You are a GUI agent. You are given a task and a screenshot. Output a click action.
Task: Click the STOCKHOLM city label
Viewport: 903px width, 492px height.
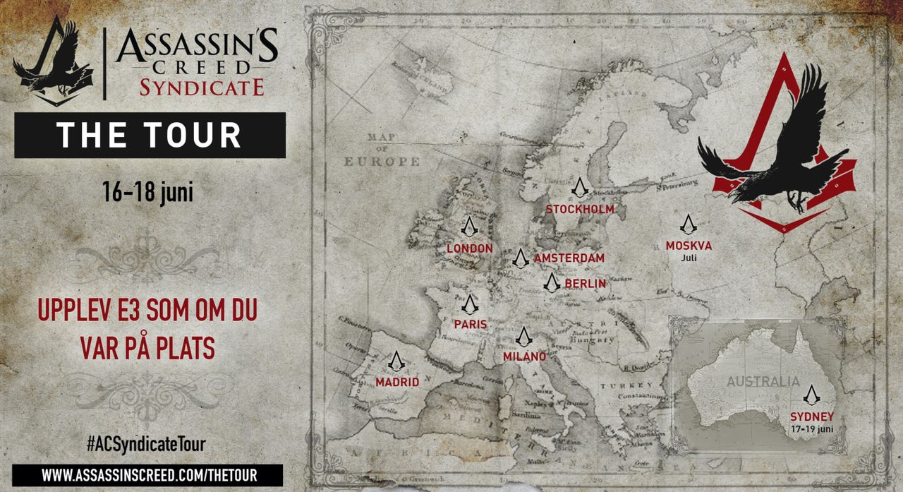(x=580, y=209)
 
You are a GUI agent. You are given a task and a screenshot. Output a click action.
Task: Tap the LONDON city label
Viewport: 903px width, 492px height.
(x=470, y=248)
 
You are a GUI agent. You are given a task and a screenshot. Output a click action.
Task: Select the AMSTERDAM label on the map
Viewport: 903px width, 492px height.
(x=569, y=258)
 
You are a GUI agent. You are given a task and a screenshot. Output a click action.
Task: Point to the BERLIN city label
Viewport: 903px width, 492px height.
(x=585, y=284)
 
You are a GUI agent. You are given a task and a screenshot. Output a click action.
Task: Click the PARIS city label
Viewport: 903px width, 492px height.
(x=471, y=324)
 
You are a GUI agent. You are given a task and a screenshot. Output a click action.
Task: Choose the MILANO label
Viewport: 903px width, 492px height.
(x=524, y=356)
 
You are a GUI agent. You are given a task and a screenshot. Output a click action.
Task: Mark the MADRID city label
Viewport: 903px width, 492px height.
(x=397, y=382)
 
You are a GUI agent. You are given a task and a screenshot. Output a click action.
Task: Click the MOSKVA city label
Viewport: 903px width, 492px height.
(x=689, y=246)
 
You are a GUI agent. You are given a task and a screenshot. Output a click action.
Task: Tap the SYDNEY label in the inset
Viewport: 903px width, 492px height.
(x=813, y=416)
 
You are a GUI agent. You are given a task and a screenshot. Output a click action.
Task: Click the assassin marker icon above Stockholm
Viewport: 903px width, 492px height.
(x=579, y=187)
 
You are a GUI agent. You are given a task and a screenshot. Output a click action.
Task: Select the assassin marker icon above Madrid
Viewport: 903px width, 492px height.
(x=396, y=361)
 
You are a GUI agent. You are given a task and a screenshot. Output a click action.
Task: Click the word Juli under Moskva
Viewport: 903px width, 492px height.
(x=689, y=258)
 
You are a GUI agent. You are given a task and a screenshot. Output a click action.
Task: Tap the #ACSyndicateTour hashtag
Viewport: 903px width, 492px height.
(x=146, y=444)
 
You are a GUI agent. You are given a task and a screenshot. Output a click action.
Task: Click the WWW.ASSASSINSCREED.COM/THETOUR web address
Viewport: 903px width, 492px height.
(x=147, y=474)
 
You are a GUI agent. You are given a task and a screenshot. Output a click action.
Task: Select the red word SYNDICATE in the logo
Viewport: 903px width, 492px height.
(x=201, y=87)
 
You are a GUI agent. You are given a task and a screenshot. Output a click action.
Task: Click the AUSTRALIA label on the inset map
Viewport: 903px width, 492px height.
(x=763, y=382)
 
